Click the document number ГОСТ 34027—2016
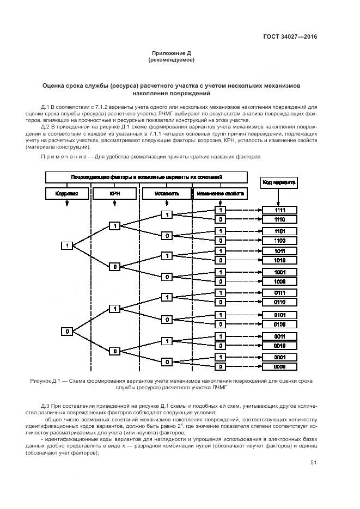290,37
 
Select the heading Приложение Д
171,53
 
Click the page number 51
313,463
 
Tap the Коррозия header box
67,193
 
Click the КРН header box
114,193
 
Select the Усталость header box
166,193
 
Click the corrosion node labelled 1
67,246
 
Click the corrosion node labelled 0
67,330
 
